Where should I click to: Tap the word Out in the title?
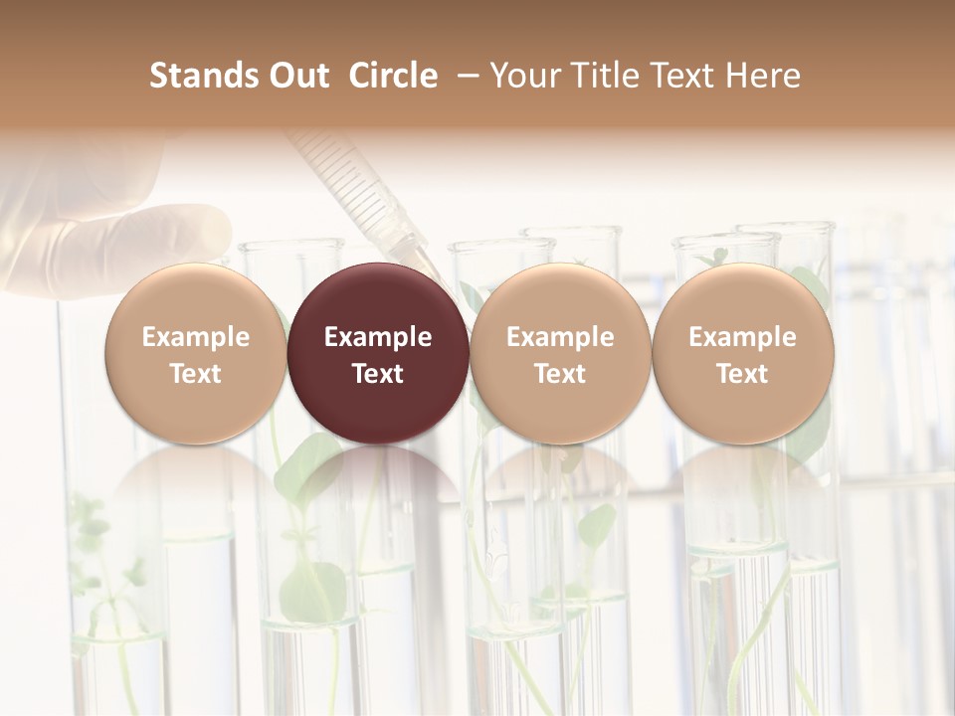click(296, 76)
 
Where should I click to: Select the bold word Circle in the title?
click(393, 76)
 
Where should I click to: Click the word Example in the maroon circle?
click(378, 337)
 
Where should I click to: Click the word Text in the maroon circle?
click(378, 374)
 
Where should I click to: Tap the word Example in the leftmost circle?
click(196, 337)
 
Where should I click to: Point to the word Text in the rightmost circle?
click(743, 374)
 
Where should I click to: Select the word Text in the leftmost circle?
click(196, 374)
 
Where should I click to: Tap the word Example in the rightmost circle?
click(743, 337)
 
